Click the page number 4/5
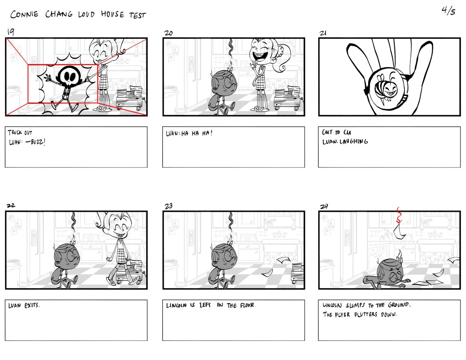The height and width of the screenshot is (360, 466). click(448, 11)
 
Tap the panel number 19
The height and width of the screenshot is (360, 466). click(11, 32)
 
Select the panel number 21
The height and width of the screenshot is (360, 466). click(323, 33)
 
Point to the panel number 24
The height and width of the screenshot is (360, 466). click(324, 206)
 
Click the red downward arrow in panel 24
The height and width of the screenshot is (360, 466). click(399, 215)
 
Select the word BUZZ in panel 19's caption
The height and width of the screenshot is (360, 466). click(38, 142)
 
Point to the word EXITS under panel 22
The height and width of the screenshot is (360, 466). click(32, 305)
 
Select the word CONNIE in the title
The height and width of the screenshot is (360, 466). click(24, 14)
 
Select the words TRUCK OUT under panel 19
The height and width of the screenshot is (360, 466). click(20, 132)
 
